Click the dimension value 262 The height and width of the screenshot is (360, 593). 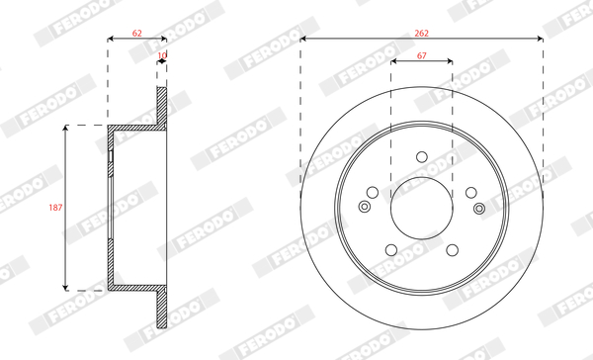(421, 34)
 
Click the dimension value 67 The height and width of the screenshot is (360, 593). (422, 55)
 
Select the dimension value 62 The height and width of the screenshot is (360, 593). (137, 34)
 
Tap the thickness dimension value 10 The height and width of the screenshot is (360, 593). (162, 55)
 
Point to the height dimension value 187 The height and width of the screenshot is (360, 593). (55, 208)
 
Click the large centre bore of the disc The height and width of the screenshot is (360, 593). (422, 208)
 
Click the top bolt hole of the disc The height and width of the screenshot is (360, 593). (422, 156)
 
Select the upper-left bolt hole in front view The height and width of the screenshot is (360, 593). (373, 192)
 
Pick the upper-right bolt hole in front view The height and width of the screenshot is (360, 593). (470, 192)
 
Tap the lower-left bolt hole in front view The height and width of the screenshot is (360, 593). (391, 250)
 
